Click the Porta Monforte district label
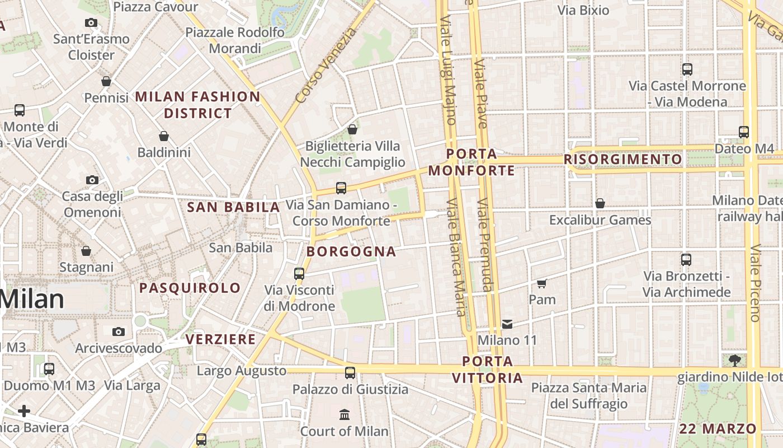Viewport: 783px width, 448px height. pos(471,162)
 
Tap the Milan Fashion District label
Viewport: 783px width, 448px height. pos(197,105)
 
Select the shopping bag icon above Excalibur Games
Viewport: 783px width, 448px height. pos(600,203)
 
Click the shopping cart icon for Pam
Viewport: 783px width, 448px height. pos(541,283)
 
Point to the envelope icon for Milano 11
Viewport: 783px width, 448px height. pos(507,324)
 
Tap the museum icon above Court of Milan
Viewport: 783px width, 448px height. pos(345,415)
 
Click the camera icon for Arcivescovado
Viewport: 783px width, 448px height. pos(118,332)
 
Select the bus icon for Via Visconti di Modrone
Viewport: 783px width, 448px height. pos(299,274)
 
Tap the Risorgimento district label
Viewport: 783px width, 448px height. pos(623,160)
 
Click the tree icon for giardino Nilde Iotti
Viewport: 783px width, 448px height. pos(734,360)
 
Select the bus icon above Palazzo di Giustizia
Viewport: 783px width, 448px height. pos(350,372)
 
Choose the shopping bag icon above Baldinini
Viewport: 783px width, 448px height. pos(164,136)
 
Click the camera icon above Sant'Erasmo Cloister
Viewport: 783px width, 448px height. pos(91,23)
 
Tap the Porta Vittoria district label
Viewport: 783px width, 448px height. pos(487,370)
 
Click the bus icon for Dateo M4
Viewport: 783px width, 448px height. pos(743,132)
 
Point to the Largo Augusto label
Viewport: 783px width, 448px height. pos(241,371)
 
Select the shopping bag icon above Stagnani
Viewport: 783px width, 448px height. pos(86,251)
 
